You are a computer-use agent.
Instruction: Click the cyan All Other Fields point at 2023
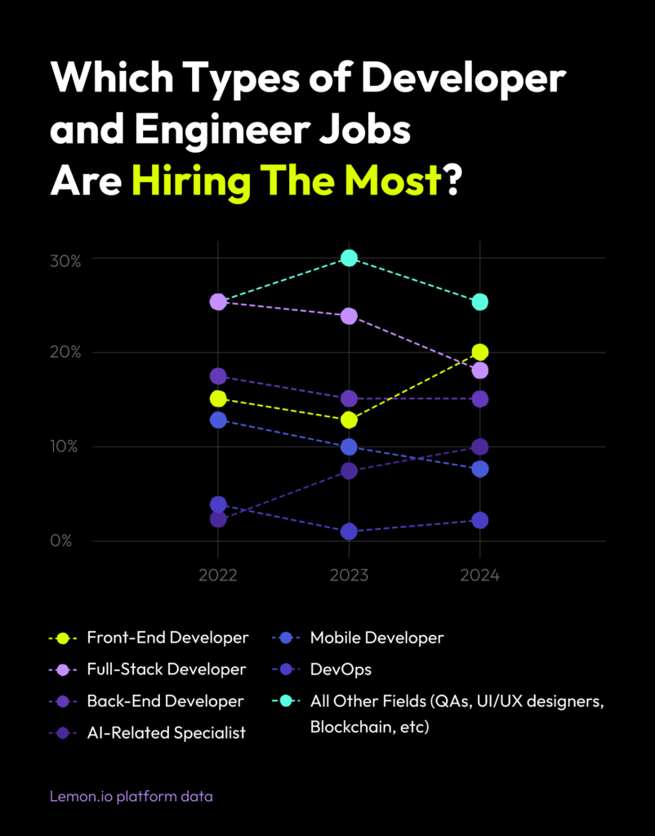[349, 258]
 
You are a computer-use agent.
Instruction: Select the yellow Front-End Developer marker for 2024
[480, 352]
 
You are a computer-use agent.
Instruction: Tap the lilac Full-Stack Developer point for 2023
[349, 316]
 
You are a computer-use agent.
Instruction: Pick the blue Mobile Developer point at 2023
[349, 447]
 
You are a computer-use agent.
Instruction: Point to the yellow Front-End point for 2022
[218, 398]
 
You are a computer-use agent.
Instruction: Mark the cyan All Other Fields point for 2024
[480, 302]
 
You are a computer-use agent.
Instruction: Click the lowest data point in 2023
[349, 531]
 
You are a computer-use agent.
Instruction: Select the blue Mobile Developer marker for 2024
[480, 469]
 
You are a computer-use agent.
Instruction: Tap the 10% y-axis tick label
[64, 447]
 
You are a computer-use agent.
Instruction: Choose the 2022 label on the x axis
[218, 575]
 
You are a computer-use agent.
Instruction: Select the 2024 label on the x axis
[480, 575]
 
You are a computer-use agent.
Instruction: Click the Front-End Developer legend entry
[167, 638]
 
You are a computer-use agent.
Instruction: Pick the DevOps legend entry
[341, 669]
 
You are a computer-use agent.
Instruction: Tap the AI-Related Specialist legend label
[167, 732]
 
